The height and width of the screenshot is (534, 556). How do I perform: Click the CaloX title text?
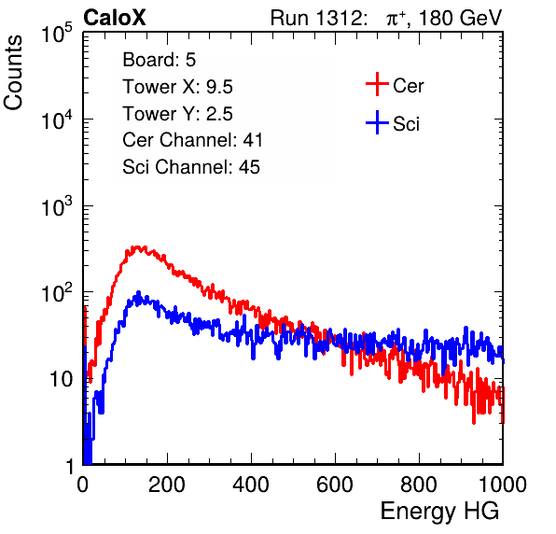pos(115,18)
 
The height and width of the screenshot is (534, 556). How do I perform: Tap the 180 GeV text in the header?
pos(460,18)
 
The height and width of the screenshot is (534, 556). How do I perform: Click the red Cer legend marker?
pos(377,84)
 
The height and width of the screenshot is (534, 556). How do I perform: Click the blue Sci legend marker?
pos(377,123)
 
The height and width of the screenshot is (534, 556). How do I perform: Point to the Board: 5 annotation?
pos(160,60)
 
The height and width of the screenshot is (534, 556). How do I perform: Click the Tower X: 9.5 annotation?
pos(177,87)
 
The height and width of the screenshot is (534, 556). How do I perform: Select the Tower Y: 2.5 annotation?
pos(177,114)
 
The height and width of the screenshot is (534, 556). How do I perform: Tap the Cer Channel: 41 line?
pos(192,140)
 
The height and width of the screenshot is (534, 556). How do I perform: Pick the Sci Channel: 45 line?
pos(191,167)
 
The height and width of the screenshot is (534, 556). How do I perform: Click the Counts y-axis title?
pos(13,73)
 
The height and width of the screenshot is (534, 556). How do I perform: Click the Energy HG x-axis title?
pos(439,512)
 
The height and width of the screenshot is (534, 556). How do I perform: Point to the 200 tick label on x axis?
pos(167,484)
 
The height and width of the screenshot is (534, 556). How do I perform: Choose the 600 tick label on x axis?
pos(335,484)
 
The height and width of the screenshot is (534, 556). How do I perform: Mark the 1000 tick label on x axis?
pos(503,484)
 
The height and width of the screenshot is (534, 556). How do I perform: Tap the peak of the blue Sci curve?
pos(139,293)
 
